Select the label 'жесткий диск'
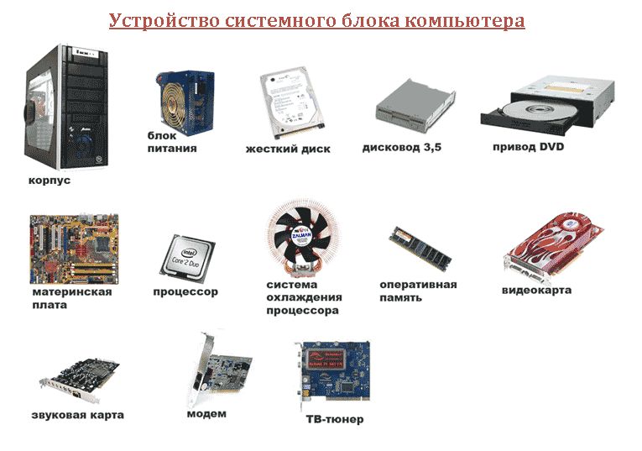(288, 149)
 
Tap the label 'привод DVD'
(528, 147)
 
